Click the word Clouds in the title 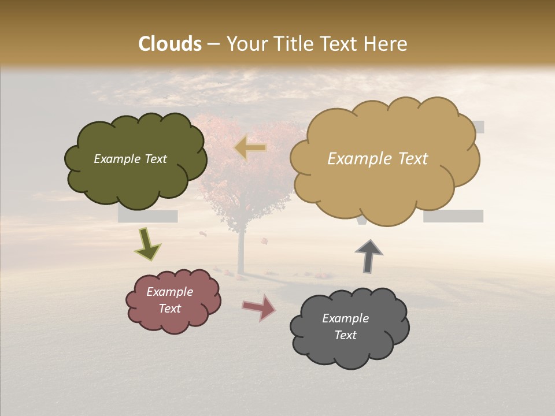tap(170, 44)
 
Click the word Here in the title tap(386, 44)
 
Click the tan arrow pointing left tap(250, 147)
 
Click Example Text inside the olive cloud tap(130, 159)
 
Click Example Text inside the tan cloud tap(378, 159)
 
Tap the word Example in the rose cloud tap(169, 292)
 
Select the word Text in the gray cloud tap(345, 335)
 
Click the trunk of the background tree tap(239, 248)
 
